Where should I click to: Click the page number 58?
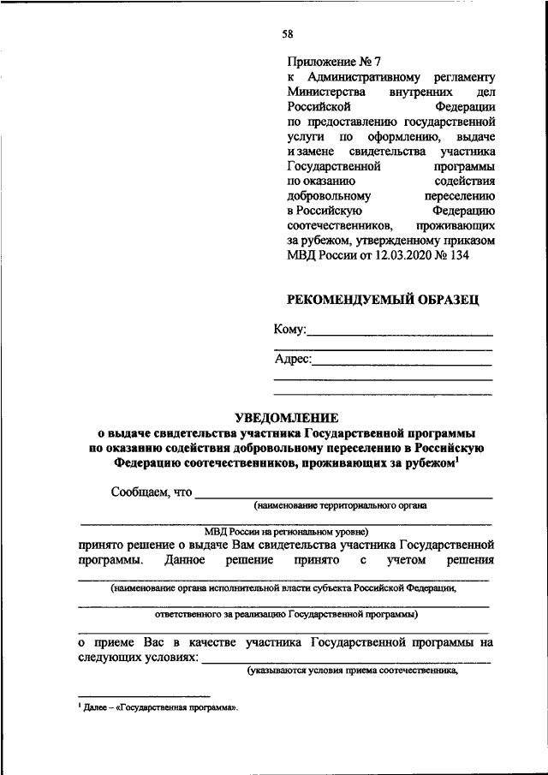(x=288, y=33)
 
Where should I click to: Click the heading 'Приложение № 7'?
(x=334, y=62)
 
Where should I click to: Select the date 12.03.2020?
(x=407, y=254)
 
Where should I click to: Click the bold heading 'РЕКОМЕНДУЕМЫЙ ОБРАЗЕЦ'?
(x=382, y=299)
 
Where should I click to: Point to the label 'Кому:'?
(x=289, y=330)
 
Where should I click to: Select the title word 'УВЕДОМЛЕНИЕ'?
(x=287, y=417)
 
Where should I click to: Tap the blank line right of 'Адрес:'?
(x=402, y=363)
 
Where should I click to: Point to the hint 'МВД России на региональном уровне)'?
(x=287, y=531)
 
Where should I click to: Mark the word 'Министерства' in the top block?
(x=326, y=92)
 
